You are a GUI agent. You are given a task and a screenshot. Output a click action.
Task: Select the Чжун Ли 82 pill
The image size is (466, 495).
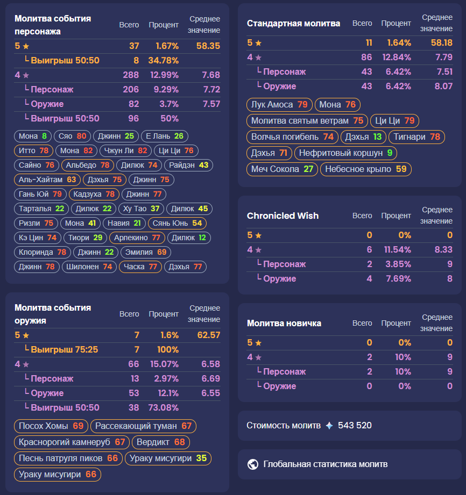click(x=126, y=151)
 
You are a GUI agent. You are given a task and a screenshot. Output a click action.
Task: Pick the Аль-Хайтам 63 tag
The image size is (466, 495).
click(x=47, y=180)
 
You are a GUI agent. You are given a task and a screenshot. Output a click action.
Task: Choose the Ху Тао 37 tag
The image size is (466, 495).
click(x=141, y=209)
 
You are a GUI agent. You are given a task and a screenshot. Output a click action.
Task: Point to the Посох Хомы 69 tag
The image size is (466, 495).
click(x=51, y=427)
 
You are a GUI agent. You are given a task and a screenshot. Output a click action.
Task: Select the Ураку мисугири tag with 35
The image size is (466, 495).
click(x=168, y=459)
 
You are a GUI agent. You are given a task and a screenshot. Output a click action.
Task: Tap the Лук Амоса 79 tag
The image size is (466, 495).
click(x=279, y=105)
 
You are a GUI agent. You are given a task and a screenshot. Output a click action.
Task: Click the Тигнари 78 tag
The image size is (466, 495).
click(x=416, y=137)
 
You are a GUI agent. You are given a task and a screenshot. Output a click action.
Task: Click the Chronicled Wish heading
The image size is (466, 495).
click(x=283, y=216)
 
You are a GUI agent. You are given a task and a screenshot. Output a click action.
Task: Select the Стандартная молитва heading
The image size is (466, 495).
click(x=293, y=24)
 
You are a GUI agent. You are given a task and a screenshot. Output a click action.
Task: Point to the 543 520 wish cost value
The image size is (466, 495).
click(x=355, y=426)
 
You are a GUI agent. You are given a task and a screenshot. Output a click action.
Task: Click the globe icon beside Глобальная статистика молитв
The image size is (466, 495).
click(x=253, y=464)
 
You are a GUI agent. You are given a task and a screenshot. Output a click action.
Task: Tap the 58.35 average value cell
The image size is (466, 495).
click(x=208, y=47)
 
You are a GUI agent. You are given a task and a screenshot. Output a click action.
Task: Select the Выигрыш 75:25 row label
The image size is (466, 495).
click(x=64, y=350)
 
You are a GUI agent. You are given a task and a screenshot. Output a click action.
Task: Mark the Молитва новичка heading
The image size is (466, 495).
click(x=284, y=324)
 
